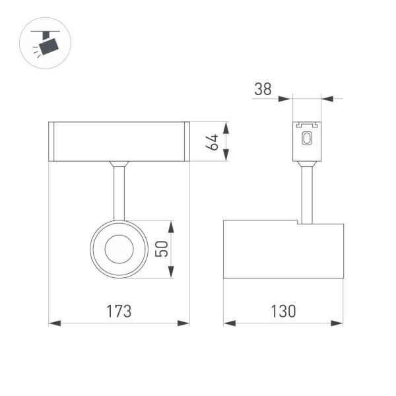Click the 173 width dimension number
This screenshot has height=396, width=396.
[120, 311]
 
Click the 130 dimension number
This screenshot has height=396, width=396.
[283, 311]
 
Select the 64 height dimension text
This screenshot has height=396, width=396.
[213, 142]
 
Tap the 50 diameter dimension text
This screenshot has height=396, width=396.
[160, 249]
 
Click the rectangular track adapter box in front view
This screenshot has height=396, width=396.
[119, 141]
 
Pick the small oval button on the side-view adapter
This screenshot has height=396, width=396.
[306, 139]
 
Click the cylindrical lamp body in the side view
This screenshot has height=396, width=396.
[283, 249]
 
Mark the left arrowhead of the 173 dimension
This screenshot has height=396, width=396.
[54, 323]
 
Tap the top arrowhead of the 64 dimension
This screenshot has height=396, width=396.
[226, 127]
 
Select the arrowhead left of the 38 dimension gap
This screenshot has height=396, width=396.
[285, 100]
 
